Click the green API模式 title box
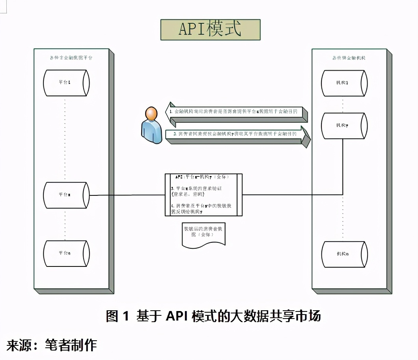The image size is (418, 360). [210, 30]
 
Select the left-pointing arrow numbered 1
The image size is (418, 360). [237, 112]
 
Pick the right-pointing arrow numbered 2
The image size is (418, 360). [237, 135]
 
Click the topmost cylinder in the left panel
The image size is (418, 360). [66, 83]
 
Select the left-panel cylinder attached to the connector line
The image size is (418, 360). [66, 195]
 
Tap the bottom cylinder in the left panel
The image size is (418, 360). [66, 253]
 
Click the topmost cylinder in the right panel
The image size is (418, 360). [344, 83]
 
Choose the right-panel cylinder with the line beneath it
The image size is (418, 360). [344, 126]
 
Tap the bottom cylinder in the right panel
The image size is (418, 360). [344, 254]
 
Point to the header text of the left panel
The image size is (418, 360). [71, 58]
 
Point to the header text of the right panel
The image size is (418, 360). [349, 58]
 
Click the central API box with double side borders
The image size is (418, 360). [203, 195]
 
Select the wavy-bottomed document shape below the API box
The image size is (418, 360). [203, 235]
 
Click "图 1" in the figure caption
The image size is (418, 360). [118, 316]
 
